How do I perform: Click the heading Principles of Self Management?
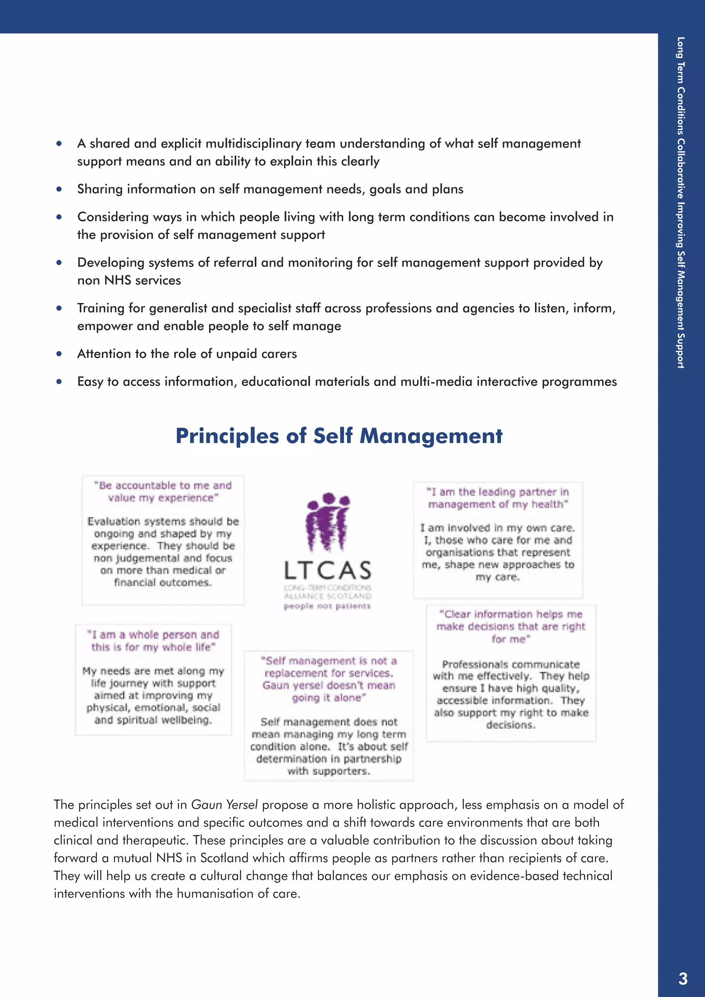(x=339, y=436)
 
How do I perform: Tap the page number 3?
(x=683, y=978)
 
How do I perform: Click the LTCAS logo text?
(x=328, y=570)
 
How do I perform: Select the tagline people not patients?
(x=327, y=606)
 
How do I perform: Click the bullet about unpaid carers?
(x=187, y=354)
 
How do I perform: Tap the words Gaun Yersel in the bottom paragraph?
(x=224, y=805)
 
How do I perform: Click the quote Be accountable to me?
(x=163, y=492)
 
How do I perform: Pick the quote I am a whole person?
(x=153, y=641)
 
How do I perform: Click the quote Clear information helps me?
(x=511, y=626)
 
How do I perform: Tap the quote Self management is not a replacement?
(x=329, y=679)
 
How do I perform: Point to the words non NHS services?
(x=129, y=281)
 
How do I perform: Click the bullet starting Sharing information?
(x=270, y=189)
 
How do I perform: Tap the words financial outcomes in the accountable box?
(x=163, y=582)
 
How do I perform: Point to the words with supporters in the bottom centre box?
(x=329, y=771)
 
